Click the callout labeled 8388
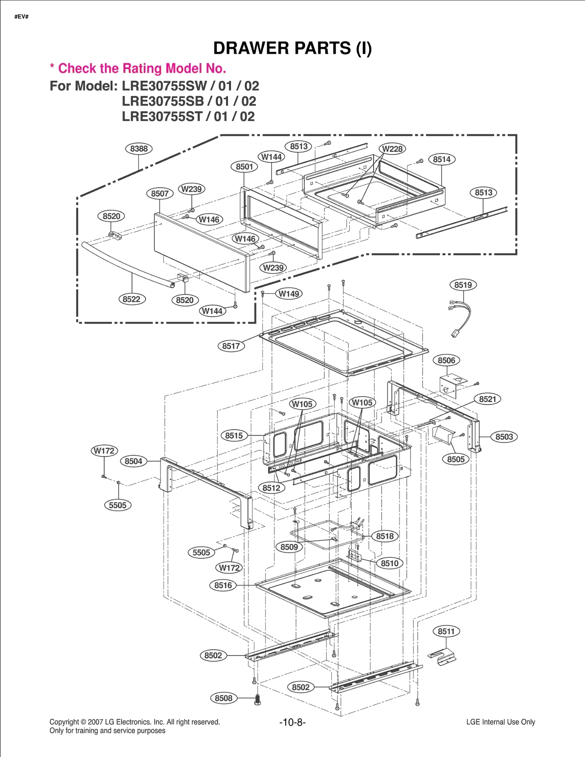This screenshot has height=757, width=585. (139, 149)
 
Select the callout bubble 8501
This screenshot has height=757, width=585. (244, 167)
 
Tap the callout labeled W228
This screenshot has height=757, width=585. (392, 149)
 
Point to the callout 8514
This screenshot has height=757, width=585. (442, 159)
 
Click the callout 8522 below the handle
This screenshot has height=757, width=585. (132, 299)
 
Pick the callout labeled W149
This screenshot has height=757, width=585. (289, 294)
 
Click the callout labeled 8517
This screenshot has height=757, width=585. (231, 346)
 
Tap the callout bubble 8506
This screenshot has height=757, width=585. (446, 360)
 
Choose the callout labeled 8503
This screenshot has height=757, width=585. (504, 437)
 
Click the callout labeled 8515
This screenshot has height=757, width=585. (234, 435)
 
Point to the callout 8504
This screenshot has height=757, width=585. (133, 461)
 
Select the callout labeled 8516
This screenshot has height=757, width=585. (223, 585)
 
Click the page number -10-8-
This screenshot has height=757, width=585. (292, 722)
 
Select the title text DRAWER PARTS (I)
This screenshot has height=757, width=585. (292, 48)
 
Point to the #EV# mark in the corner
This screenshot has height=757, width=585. (21, 17)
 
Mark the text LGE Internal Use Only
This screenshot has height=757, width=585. (500, 722)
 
